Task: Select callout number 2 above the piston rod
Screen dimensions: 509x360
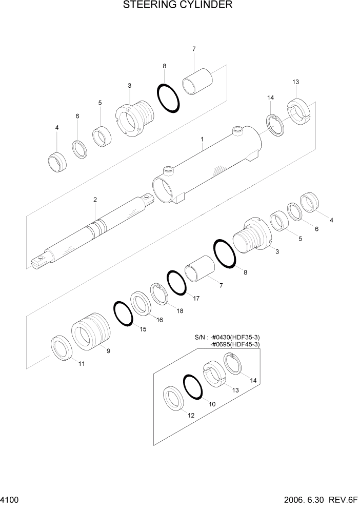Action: coord(95,200)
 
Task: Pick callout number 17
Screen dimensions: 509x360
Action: coord(196,298)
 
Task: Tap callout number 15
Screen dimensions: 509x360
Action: coord(143,329)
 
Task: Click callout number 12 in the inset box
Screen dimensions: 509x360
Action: coord(191,416)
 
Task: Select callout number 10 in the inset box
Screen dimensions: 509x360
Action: coord(212,404)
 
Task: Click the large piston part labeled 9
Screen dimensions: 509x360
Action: coord(91,333)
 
